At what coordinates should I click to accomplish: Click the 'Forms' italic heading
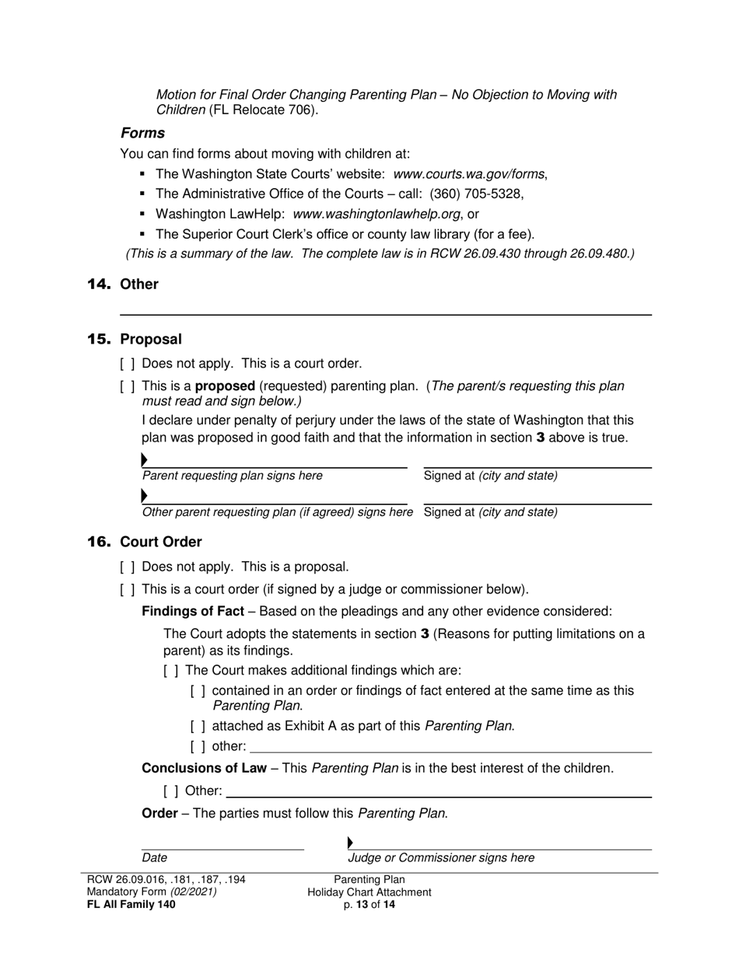[142, 133]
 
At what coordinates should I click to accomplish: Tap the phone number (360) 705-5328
[476, 194]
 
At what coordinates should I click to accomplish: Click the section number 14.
[100, 284]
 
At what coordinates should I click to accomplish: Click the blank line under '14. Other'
[385, 313]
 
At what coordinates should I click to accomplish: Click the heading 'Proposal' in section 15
[151, 340]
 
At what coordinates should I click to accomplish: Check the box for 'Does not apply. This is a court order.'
[128, 364]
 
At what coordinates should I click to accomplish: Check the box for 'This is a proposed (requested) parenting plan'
[128, 386]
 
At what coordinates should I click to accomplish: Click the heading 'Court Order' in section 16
[160, 543]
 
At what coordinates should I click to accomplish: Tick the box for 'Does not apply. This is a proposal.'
[128, 567]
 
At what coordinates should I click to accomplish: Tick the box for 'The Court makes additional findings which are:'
[171, 671]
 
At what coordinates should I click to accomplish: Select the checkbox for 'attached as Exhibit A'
[198, 727]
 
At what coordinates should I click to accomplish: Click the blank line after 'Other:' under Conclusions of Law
[438, 795]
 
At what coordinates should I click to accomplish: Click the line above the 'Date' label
[222, 848]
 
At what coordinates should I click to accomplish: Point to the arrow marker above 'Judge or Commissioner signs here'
[350, 843]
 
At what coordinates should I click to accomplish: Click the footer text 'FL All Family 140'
[131, 905]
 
